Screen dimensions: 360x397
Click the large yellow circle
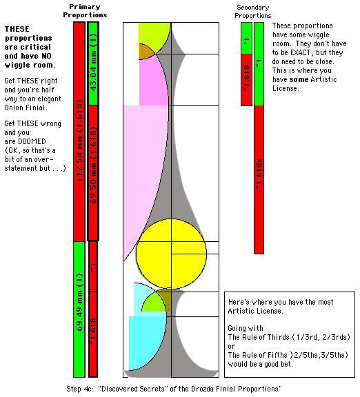pyautogui.click(x=171, y=254)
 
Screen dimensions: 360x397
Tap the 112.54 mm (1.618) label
pyautogui.click(x=79, y=141)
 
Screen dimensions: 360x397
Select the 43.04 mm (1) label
pyautogui.click(x=94, y=62)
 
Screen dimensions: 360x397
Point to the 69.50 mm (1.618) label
pyautogui.click(x=94, y=165)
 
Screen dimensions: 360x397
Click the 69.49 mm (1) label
pyautogui.click(x=79, y=302)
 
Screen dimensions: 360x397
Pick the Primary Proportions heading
pyautogui.click(x=85, y=11)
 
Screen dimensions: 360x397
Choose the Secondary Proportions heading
pyautogui.click(x=252, y=12)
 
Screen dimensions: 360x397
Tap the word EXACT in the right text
pyautogui.click(x=301, y=52)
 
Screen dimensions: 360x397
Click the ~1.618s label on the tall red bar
pyautogui.click(x=259, y=174)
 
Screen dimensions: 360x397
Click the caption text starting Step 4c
pyautogui.click(x=174, y=389)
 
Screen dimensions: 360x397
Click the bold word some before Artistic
pyautogui.click(x=299, y=79)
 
